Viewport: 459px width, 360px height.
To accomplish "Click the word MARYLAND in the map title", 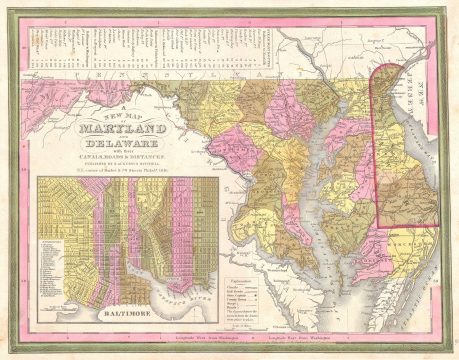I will coord(124,128).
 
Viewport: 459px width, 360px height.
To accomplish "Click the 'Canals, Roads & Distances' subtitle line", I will coord(124,157).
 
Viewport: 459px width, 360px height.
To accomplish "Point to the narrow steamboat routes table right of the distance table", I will coord(264,50).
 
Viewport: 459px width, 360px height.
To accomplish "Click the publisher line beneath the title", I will coord(124,164).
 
